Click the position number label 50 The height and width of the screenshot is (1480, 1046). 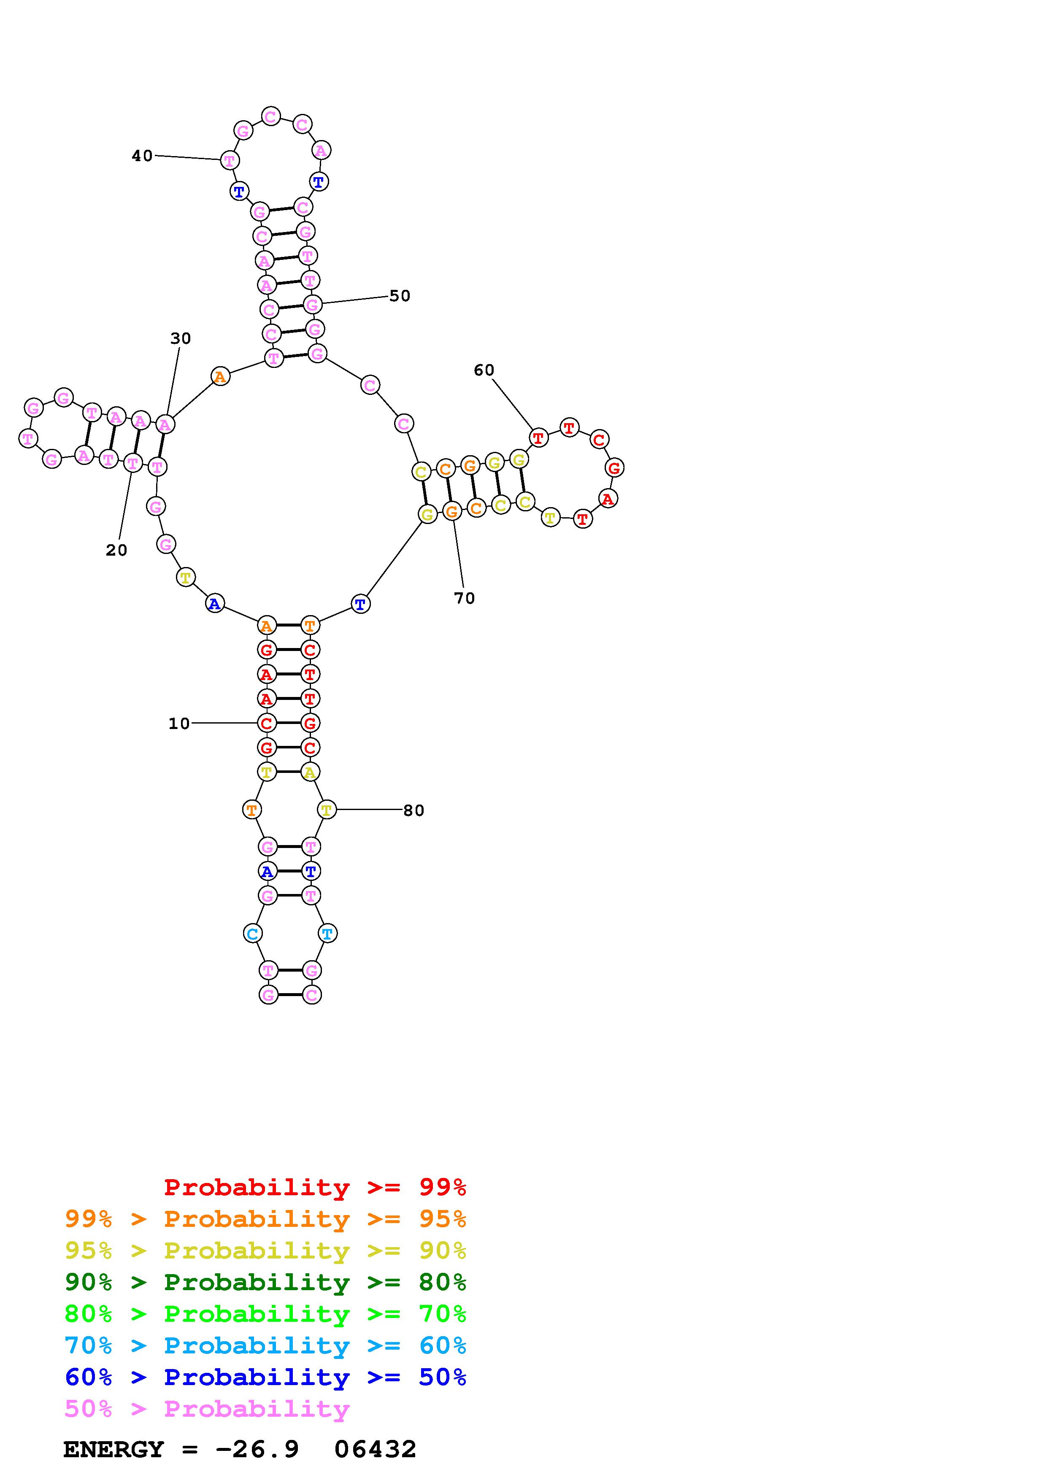(400, 296)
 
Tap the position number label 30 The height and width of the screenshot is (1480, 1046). (181, 338)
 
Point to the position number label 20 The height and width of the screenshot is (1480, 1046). (116, 550)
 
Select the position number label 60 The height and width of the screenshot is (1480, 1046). (484, 370)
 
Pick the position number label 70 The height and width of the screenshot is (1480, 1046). (464, 598)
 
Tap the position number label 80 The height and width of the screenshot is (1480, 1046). (414, 810)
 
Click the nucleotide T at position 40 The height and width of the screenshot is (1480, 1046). (230, 160)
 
